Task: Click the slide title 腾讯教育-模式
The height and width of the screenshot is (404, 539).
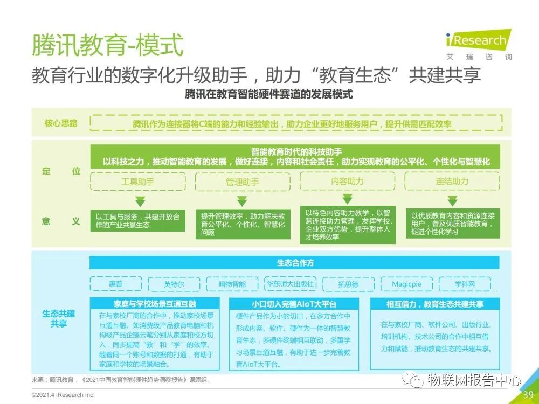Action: tap(107, 45)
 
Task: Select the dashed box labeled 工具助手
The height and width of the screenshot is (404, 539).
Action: tap(137, 182)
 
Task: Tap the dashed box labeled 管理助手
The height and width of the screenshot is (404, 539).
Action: tap(242, 182)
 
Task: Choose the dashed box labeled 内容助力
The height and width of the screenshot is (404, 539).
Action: tap(347, 181)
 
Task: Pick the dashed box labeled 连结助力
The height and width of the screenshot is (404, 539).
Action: tap(452, 181)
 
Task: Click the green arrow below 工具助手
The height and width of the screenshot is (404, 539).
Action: tap(140, 201)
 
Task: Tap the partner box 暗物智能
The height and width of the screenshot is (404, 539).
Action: tap(232, 284)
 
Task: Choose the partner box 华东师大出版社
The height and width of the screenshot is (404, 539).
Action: tap(290, 284)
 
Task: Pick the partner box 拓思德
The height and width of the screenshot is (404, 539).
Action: tap(348, 284)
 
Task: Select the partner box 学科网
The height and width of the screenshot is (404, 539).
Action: tap(464, 284)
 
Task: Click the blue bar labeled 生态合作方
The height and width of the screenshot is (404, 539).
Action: tap(294, 263)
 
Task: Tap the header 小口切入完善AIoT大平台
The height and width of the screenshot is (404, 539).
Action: tap(294, 304)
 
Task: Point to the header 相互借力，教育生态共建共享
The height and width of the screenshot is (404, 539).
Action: tap(434, 304)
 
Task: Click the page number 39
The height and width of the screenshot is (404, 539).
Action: tap(528, 395)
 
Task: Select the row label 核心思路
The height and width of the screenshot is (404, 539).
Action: tap(61, 123)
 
